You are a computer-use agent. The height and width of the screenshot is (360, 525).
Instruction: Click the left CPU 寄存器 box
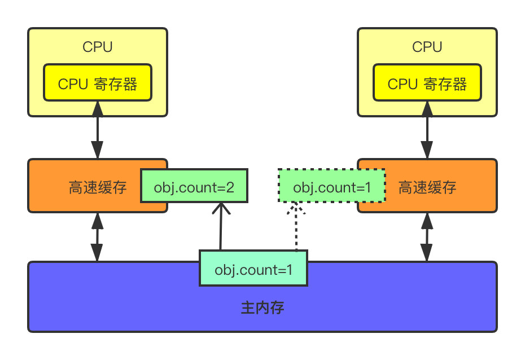click(98, 84)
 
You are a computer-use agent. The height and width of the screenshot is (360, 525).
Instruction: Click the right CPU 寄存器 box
click(427, 84)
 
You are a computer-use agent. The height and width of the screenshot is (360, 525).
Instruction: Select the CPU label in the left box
click(98, 47)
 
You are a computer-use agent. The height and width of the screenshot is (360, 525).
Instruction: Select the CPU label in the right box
click(427, 47)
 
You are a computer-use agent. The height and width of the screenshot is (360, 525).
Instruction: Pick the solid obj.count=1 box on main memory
click(253, 270)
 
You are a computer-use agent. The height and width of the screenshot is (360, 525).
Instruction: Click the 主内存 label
click(262, 308)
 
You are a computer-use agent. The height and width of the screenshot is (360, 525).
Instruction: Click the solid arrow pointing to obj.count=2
click(221, 229)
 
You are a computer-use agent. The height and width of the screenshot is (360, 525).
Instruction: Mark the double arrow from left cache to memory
click(98, 237)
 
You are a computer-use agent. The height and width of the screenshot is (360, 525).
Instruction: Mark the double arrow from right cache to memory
click(427, 237)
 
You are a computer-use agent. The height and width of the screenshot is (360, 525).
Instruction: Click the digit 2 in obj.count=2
click(230, 187)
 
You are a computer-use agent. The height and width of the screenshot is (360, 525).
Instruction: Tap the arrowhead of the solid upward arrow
click(221, 209)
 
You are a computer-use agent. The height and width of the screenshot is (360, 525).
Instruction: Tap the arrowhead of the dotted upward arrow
click(295, 209)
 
